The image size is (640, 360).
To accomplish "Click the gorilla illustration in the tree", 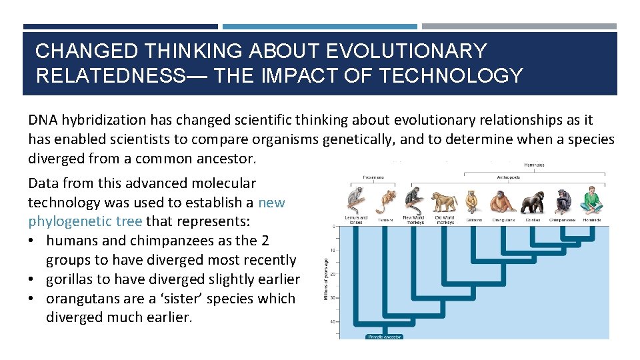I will pos(531,202).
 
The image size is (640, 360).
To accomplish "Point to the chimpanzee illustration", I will pos(561,202).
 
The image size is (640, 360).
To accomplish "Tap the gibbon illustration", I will pos(473,202).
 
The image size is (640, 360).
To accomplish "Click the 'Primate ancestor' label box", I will pos(385,337).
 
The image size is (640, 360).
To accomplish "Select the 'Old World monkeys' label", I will pos(445,219).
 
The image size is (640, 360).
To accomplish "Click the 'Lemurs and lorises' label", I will pos(355,219).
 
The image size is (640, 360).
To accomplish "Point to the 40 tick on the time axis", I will pos(332,322).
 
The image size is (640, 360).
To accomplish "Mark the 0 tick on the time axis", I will pos(333,227).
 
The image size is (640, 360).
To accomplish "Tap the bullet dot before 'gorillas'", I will pos(33,279).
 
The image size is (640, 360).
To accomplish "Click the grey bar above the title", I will pos(519,27).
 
